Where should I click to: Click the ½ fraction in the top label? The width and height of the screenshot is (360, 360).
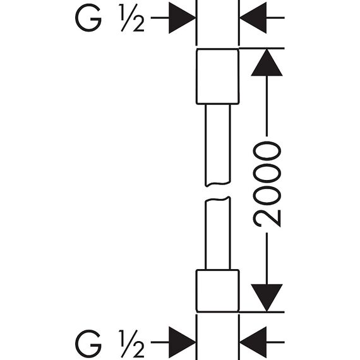click(131, 18)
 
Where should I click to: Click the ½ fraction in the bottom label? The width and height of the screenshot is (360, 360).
click(131, 344)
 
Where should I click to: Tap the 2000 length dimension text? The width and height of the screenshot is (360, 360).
click(267, 184)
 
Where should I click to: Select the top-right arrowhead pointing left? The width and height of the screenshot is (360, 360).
click(253, 18)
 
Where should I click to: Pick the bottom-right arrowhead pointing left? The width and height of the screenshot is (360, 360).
click(253, 342)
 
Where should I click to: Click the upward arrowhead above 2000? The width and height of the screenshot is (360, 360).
click(267, 63)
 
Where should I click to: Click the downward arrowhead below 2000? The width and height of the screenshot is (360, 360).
click(267, 297)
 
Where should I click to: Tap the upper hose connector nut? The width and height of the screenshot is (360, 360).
click(218, 76)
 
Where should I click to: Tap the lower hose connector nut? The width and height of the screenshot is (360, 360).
click(218, 291)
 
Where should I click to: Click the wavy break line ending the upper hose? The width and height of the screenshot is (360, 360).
click(218, 184)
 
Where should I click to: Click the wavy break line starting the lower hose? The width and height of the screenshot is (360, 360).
click(218, 200)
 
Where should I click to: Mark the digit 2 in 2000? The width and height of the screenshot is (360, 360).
click(267, 218)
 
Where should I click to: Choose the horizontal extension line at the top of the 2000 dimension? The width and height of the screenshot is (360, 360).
click(261, 49)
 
